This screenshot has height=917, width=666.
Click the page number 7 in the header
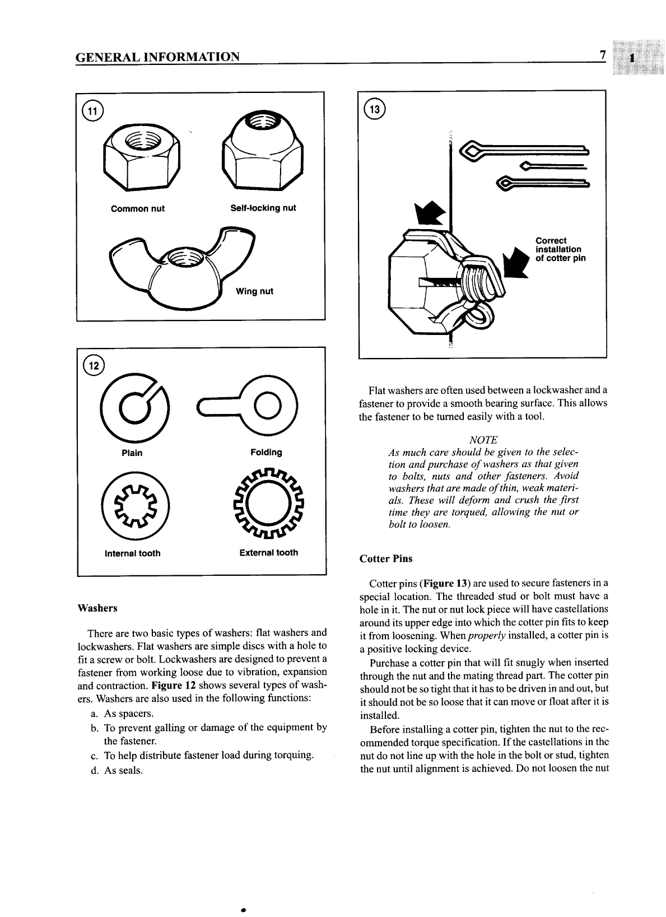coord(602,55)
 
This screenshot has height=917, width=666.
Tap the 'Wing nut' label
coord(254,291)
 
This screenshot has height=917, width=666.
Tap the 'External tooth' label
coord(268,552)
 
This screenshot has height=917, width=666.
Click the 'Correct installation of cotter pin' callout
coord(560,249)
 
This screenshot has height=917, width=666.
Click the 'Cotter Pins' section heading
coord(385,558)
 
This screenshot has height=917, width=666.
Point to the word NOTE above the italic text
coord(483,440)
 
